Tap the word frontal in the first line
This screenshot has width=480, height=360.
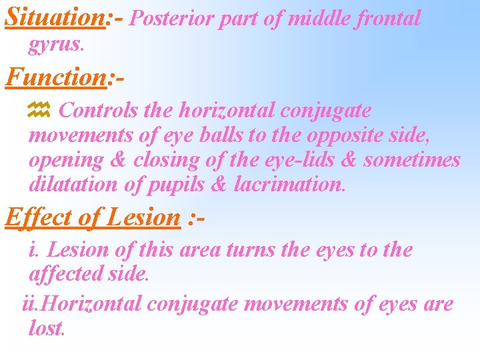click(x=390, y=18)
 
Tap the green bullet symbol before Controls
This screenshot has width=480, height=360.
click(x=40, y=111)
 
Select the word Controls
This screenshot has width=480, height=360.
click(x=99, y=110)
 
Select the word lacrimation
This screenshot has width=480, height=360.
click(x=290, y=185)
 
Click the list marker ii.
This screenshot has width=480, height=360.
click(x=30, y=303)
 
